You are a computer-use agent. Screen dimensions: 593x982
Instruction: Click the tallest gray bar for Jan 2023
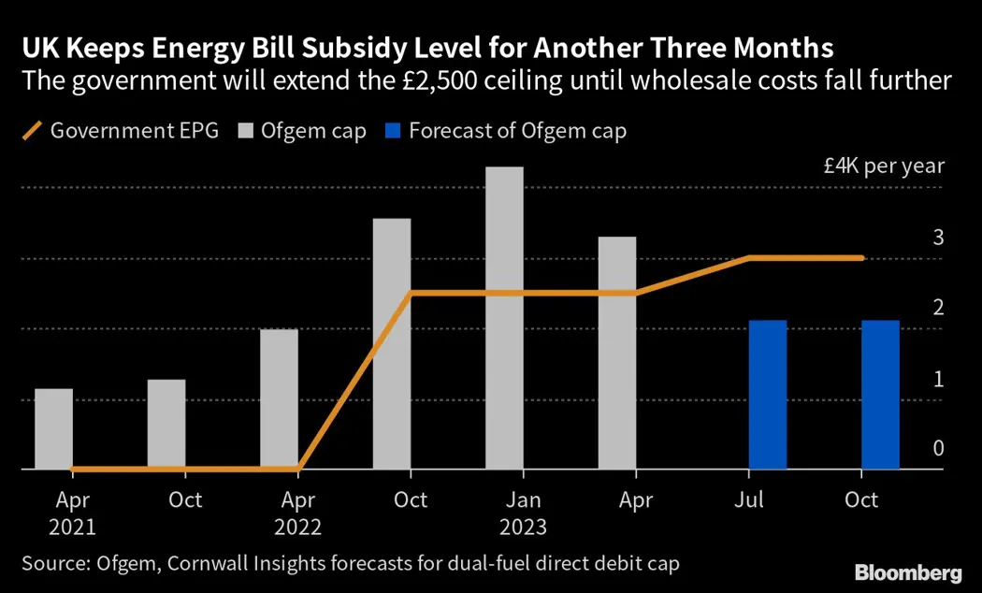pyautogui.click(x=504, y=318)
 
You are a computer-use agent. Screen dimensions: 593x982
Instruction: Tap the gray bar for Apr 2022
pyautogui.click(x=279, y=399)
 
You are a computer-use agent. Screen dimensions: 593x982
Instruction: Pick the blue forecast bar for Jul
pyautogui.click(x=767, y=395)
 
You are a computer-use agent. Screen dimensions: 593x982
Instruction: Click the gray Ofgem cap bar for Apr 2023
pyautogui.click(x=617, y=353)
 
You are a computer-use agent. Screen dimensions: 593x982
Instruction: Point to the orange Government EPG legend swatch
pyautogui.click(x=32, y=131)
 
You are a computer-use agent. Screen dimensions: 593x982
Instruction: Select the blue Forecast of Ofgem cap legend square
pyautogui.click(x=393, y=131)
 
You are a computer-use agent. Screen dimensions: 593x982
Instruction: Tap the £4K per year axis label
pyautogui.click(x=884, y=166)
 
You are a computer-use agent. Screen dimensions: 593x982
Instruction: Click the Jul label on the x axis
pyautogui.click(x=748, y=500)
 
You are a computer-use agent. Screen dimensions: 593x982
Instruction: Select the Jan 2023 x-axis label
pyautogui.click(x=524, y=513)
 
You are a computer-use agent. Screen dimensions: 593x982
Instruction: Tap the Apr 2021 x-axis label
pyautogui.click(x=73, y=513)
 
